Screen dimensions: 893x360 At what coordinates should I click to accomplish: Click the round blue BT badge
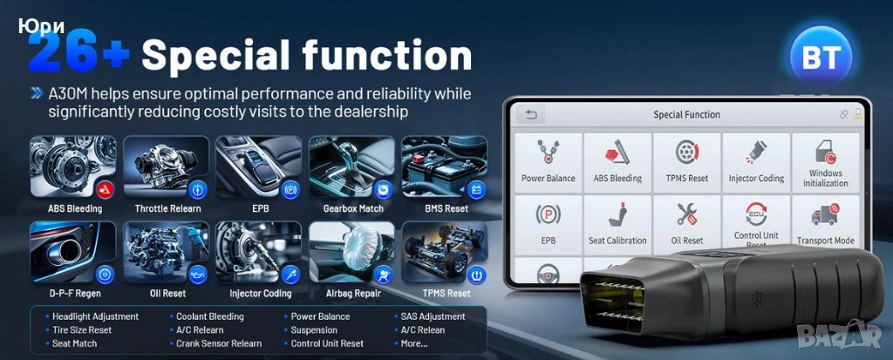click(821, 57)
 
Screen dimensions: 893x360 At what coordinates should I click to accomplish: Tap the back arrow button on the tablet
click(531, 114)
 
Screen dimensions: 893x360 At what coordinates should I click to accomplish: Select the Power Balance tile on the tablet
click(548, 162)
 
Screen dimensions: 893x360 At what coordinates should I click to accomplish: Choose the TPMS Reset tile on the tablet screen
click(687, 162)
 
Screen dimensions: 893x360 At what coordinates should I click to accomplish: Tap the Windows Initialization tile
click(825, 162)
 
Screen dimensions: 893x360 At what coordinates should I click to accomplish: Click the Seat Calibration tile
click(617, 225)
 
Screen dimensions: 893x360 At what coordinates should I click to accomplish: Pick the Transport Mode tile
click(825, 225)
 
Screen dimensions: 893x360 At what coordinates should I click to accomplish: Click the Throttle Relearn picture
click(167, 167)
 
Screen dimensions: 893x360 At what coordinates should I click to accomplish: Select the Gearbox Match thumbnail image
click(352, 167)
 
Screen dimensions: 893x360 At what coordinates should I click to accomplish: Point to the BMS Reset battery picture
click(445, 167)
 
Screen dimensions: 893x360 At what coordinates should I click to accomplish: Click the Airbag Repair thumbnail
click(352, 252)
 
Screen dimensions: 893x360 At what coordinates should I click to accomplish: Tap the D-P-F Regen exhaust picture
click(73, 252)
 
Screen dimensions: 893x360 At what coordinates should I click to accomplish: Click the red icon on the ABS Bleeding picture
click(104, 189)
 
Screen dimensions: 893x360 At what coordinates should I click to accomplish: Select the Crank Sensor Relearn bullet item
click(215, 343)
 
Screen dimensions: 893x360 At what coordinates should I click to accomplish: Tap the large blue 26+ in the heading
click(79, 53)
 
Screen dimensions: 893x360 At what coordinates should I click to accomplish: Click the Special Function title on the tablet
click(686, 114)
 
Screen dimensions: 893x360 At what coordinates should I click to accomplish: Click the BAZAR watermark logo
click(839, 335)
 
